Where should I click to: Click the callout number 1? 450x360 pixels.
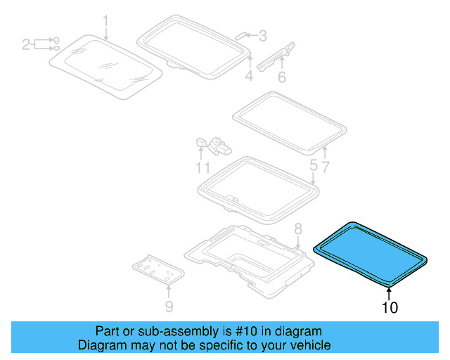(106, 22)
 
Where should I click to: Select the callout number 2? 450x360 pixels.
(26, 45)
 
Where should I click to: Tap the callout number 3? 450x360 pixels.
(262, 36)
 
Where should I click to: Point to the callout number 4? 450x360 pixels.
(249, 76)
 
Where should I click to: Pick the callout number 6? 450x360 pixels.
(282, 77)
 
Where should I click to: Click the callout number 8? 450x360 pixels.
(298, 229)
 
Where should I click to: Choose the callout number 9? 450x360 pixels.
(169, 307)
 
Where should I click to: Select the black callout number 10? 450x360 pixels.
(390, 307)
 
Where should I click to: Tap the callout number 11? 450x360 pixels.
(202, 167)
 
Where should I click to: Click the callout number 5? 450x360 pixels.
(314, 166)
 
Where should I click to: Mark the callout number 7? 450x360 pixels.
(325, 167)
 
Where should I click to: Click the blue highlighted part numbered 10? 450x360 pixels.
(371, 254)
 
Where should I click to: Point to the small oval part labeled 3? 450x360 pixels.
(240, 36)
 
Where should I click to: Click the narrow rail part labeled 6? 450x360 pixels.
(276, 57)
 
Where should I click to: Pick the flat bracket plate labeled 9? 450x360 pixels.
(158, 269)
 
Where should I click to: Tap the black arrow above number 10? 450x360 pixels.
(389, 294)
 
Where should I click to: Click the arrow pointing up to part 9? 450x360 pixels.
(169, 291)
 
